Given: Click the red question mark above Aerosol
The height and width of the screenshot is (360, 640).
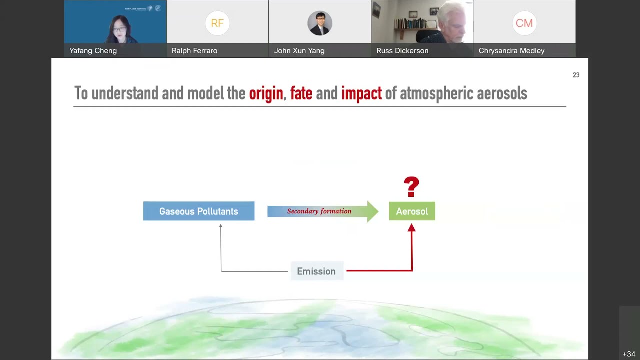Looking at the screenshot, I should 411,187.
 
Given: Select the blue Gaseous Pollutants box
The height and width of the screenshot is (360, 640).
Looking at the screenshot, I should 198,211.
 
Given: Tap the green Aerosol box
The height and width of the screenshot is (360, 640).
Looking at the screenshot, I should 412,211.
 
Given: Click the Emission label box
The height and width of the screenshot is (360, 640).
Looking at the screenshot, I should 316,271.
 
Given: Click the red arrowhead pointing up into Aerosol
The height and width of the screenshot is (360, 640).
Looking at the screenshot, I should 411,228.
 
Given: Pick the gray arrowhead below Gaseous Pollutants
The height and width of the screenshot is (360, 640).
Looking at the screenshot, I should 220,226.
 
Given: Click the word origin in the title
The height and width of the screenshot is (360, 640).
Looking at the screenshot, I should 266,93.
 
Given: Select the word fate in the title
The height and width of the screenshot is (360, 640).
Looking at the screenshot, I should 301,93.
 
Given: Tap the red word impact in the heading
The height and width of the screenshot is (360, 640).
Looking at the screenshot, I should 361,93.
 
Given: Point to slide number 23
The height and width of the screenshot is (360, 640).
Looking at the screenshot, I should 576,75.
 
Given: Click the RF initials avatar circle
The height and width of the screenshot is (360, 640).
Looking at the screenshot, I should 217,23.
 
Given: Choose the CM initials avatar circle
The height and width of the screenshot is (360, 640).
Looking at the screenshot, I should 524,23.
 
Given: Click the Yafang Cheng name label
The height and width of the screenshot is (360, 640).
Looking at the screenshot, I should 93,51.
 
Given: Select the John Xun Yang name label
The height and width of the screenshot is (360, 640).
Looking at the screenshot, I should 299,51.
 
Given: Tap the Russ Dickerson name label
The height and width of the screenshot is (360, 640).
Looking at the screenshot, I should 402,51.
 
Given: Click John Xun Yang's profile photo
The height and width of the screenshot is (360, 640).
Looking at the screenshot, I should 320,23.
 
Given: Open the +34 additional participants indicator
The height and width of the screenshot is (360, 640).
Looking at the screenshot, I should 628,354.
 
